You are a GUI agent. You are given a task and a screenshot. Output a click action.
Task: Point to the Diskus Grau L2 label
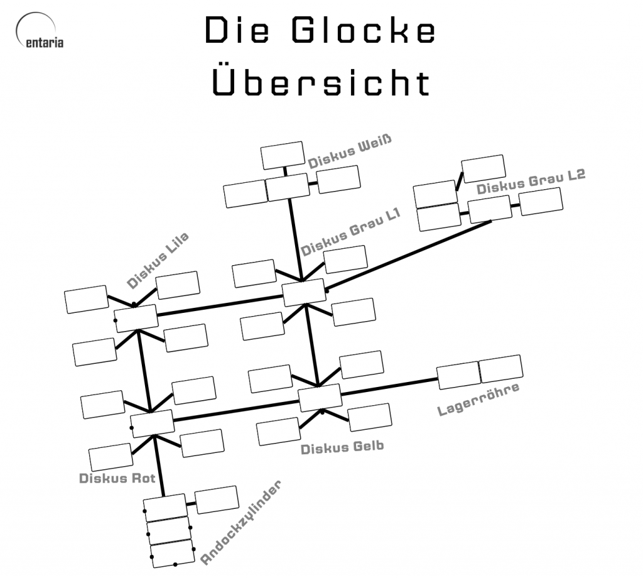(x=531, y=182)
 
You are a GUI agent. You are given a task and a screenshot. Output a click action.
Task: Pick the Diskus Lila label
(x=158, y=260)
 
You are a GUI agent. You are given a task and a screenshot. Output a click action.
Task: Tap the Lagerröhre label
(x=478, y=400)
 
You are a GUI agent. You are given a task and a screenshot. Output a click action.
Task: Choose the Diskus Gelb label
(x=342, y=448)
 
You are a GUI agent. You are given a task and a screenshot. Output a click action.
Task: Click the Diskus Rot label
(x=117, y=478)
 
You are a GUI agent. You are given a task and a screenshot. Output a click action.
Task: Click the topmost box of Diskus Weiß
(x=283, y=155)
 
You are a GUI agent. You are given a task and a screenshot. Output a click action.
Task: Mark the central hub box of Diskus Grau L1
(x=304, y=293)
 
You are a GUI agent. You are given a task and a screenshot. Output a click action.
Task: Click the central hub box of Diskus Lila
(x=136, y=317)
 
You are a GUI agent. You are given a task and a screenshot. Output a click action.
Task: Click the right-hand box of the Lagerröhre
(x=500, y=369)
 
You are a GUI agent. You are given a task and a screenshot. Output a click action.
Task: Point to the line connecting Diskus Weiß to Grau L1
(x=294, y=239)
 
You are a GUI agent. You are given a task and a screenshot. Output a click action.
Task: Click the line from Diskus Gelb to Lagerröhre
(x=389, y=386)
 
